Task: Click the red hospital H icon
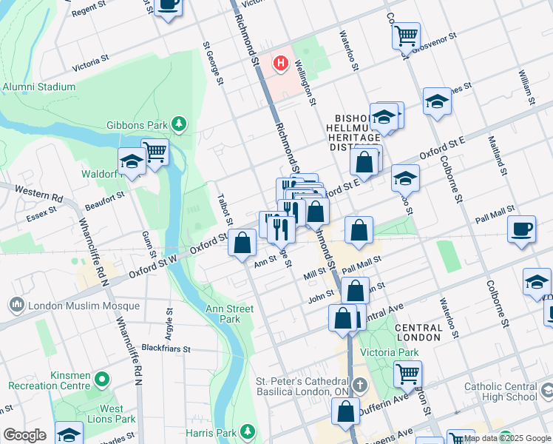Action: (x=280, y=64)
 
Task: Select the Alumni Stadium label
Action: (x=38, y=87)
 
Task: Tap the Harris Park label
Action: (x=217, y=431)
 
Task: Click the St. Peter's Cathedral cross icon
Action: (x=359, y=385)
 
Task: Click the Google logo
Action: (x=24, y=435)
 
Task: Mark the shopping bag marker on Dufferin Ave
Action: (x=345, y=411)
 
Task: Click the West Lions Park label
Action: (x=112, y=414)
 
